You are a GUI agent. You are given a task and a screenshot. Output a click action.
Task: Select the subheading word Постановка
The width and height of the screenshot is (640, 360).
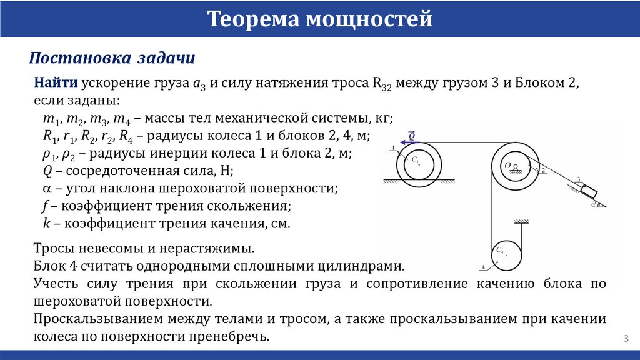point(78,58)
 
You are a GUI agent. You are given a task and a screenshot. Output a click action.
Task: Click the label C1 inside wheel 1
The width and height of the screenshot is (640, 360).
point(415,161)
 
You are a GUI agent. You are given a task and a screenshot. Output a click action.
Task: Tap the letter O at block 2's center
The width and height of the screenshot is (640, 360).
point(509,165)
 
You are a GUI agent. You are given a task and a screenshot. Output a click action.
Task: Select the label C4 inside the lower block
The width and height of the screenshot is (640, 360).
point(500,251)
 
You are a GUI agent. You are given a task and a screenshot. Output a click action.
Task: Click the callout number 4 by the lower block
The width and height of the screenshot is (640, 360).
point(483,267)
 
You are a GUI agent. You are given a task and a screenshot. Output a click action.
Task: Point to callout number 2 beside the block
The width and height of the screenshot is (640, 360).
point(543,170)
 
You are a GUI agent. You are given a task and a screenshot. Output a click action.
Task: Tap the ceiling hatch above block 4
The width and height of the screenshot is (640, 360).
point(522,221)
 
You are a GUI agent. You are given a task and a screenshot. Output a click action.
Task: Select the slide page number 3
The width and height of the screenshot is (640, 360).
point(626,338)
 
